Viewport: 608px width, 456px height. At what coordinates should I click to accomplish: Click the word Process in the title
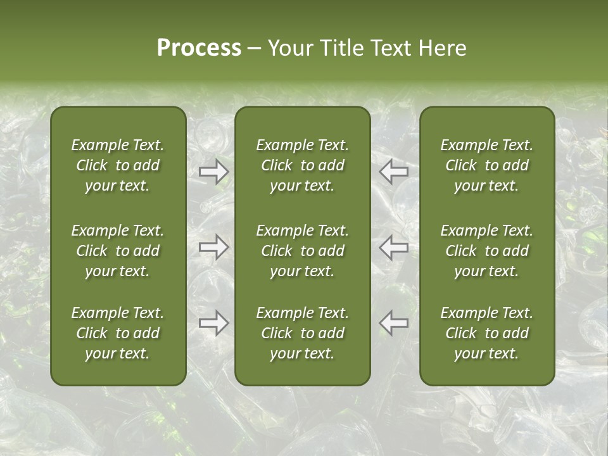pos(199,48)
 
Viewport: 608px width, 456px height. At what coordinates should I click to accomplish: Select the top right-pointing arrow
pos(213,171)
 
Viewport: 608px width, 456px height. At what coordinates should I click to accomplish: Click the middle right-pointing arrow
pos(213,247)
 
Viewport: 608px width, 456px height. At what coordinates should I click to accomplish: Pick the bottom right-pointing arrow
pos(213,323)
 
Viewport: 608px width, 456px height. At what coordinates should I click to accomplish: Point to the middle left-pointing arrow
pos(393,247)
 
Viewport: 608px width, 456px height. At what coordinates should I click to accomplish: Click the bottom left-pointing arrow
pos(393,323)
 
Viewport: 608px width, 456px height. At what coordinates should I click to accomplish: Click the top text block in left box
pos(118,165)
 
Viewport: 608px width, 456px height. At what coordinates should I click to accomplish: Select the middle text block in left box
pos(118,251)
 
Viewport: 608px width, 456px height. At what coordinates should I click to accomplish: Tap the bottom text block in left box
pos(118,333)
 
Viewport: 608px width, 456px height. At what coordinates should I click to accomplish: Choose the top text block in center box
pos(303,165)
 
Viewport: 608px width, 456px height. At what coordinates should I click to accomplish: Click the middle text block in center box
pos(303,251)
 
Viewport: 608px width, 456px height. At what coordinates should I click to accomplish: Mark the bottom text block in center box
pos(303,333)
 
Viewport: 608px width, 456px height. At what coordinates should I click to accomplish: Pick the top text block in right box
pos(487,165)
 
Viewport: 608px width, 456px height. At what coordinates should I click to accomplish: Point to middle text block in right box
pos(487,251)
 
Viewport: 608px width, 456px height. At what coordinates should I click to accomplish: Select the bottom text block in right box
pos(487,333)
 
